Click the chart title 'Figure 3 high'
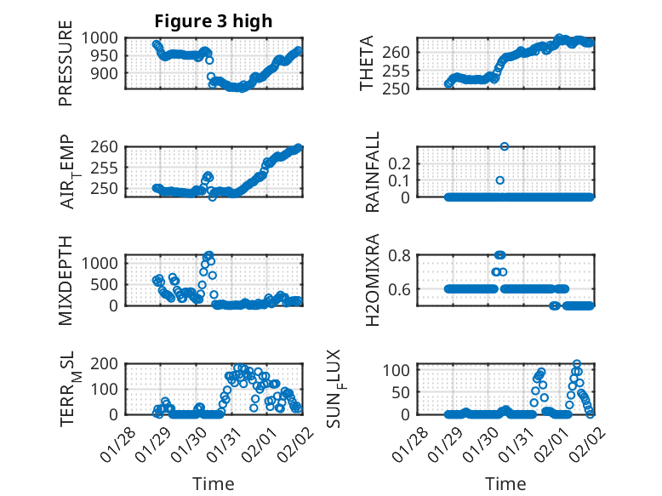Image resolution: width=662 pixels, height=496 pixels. [214, 21]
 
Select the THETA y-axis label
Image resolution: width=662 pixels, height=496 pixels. [367, 64]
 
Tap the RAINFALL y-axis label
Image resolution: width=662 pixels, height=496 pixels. [373, 173]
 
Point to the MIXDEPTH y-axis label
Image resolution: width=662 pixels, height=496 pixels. [66, 280]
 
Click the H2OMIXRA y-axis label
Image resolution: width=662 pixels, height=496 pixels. [373, 280]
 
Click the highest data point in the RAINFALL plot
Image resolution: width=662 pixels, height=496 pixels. [505, 146]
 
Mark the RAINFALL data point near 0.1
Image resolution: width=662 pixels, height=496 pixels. [500, 180]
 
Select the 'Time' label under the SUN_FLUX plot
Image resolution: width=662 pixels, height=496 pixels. [505, 483]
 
